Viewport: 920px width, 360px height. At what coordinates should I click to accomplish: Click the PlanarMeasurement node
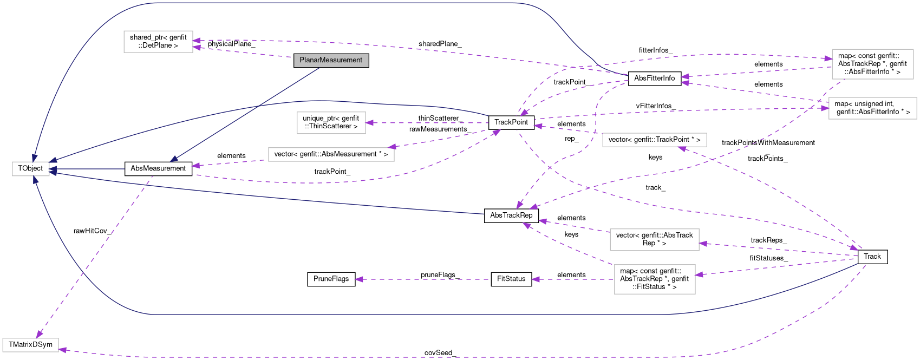point(331,60)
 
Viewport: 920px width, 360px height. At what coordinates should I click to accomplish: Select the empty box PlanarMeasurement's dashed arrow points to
point(158,42)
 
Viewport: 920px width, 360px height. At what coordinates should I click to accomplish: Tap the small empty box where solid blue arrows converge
point(31,169)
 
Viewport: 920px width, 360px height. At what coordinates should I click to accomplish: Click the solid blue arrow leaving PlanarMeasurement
point(244,114)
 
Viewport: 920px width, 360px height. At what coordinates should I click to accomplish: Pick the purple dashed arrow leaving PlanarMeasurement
point(244,52)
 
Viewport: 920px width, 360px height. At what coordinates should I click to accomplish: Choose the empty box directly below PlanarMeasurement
point(331,123)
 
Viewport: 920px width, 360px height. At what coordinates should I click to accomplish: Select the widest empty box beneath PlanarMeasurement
point(331,154)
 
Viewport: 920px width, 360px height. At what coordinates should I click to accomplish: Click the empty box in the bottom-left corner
point(30,345)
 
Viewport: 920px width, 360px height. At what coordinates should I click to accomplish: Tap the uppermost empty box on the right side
point(872,64)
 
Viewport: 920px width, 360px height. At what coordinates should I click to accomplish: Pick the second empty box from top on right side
point(872,108)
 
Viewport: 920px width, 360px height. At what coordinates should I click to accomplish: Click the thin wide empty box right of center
point(654,140)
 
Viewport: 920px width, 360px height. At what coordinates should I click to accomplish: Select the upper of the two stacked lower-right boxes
point(654,240)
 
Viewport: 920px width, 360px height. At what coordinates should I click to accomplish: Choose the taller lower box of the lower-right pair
point(654,279)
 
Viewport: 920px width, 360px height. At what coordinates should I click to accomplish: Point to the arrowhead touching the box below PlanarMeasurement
point(370,123)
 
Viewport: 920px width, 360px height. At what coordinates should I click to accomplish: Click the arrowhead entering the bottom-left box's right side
point(63,350)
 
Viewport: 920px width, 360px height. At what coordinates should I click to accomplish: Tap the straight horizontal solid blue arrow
point(87,169)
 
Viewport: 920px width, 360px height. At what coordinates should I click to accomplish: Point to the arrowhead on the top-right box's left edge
point(828,58)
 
